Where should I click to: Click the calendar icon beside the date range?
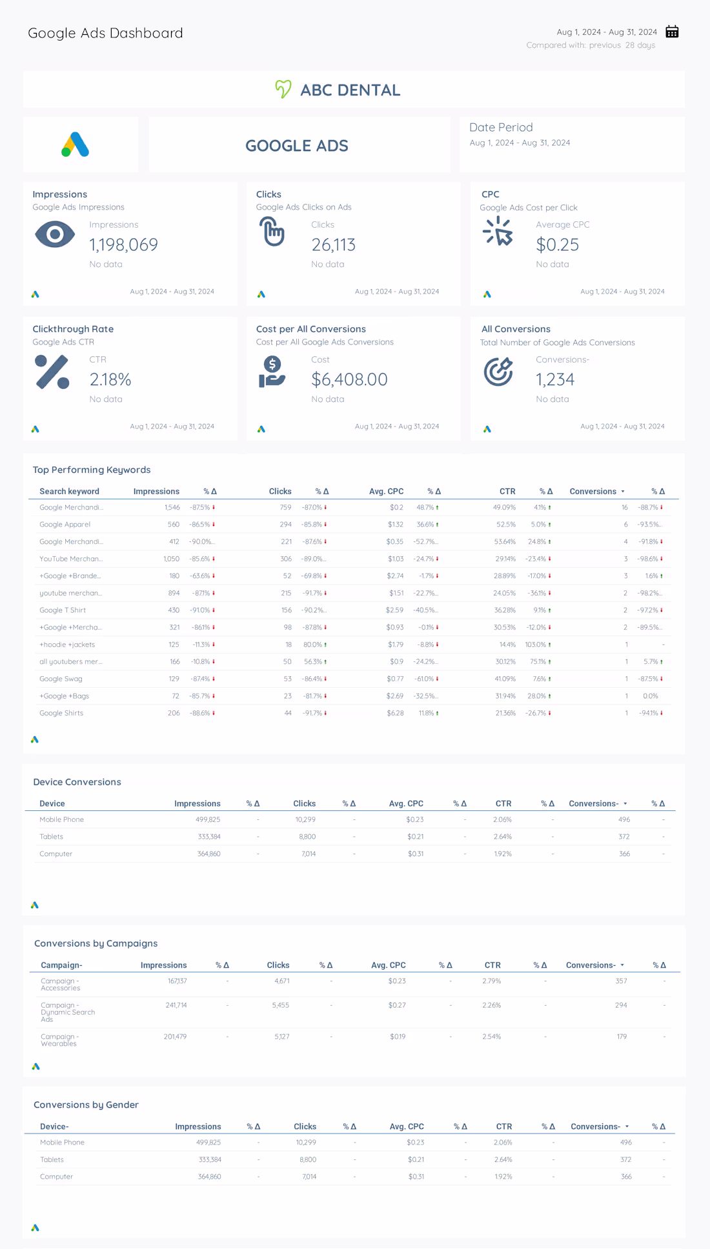672,32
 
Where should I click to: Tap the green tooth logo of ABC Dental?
283,89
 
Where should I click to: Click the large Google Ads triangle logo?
76,145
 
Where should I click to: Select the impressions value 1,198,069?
123,245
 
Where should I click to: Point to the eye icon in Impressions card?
55,234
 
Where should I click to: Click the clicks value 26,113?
333,245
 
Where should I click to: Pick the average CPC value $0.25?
557,245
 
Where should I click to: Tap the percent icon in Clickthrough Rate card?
52,372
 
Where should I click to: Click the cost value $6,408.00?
349,379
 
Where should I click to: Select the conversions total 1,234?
554,379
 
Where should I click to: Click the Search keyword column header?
69,492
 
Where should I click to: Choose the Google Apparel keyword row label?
65,525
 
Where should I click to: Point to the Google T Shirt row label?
62,610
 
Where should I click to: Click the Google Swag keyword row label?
61,679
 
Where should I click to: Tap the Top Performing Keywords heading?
92,470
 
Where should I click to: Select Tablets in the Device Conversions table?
51,837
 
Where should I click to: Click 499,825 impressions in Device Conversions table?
208,819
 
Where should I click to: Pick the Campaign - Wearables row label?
59,1040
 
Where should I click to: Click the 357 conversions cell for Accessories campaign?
621,981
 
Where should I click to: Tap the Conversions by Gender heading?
86,1104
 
